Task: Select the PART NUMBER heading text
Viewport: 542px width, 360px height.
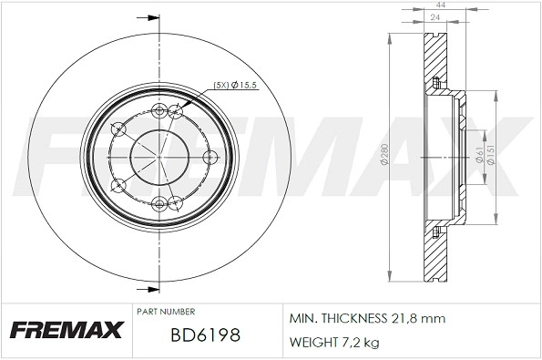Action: (x=165, y=312)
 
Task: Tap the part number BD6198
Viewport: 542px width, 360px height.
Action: (x=204, y=335)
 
